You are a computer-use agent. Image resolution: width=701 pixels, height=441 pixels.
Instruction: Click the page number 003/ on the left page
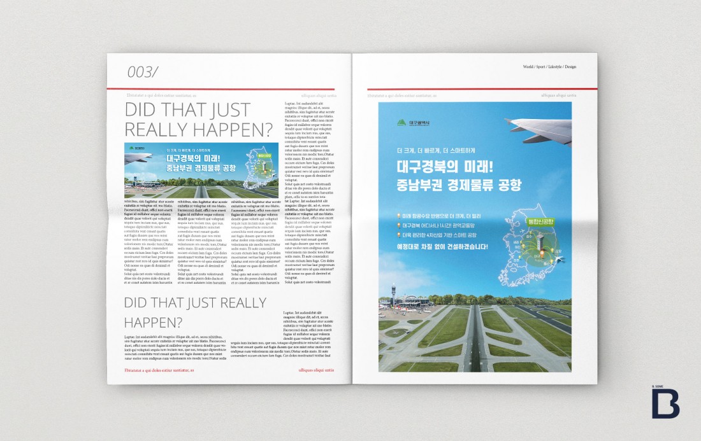click(x=141, y=73)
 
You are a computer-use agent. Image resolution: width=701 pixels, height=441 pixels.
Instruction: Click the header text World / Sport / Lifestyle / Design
click(x=549, y=67)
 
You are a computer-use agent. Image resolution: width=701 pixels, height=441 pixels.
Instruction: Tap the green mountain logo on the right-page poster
click(x=401, y=123)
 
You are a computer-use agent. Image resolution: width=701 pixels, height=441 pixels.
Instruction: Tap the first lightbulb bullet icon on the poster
click(x=398, y=216)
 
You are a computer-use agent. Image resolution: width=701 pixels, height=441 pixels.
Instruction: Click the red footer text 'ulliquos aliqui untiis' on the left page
click(x=317, y=370)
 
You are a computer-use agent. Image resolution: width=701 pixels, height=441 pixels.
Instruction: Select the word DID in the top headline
click(x=141, y=109)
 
